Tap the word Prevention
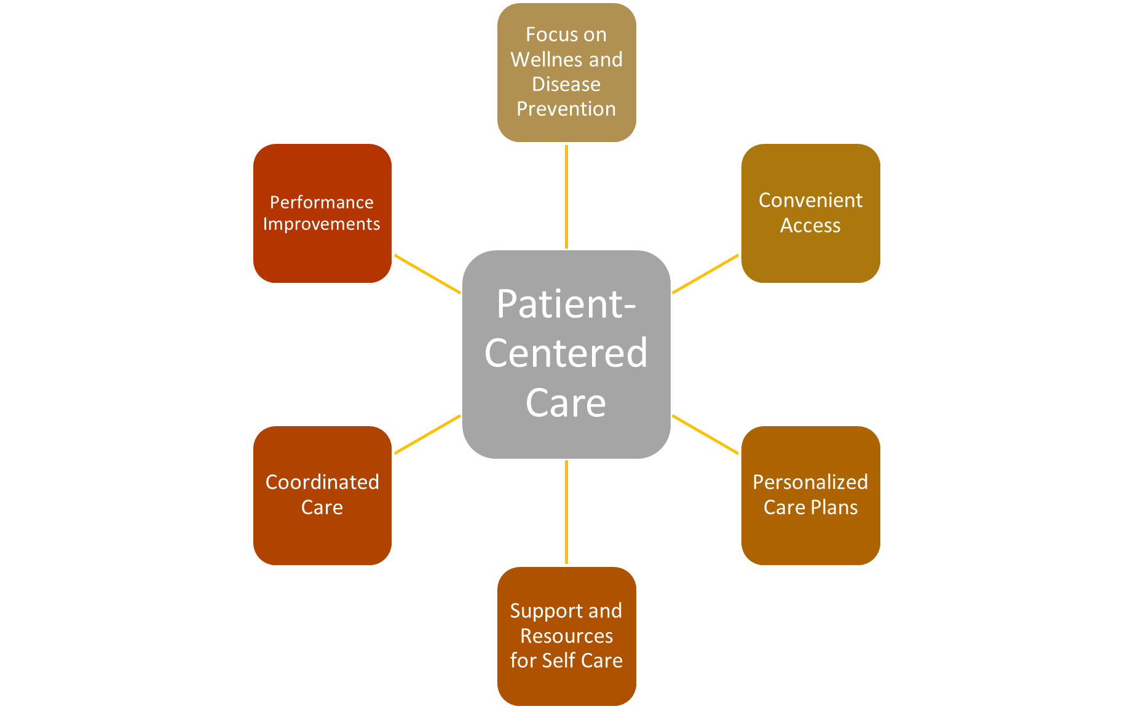tap(566, 109)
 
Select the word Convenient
tap(810, 200)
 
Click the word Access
tap(810, 226)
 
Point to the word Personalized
tap(810, 482)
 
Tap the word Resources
tap(566, 636)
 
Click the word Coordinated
tap(322, 482)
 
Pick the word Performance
tap(322, 202)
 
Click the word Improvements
tap(322, 224)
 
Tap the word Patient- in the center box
tap(566, 304)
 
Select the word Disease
tap(566, 84)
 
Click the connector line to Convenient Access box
tap(706, 274)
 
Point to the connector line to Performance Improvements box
tap(427, 274)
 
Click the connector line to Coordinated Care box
tap(427, 434)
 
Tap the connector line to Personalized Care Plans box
tap(706, 434)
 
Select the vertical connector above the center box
tap(566, 197)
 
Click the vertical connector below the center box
tap(566, 512)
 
